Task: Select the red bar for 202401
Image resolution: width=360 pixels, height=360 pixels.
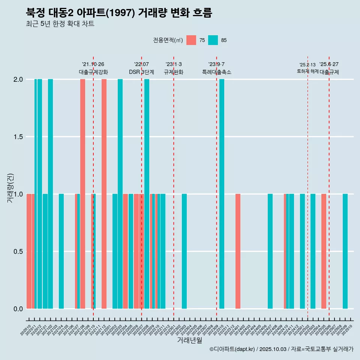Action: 238,251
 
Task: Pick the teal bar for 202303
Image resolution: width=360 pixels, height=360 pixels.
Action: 184,251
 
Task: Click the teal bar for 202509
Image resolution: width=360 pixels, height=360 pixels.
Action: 345,251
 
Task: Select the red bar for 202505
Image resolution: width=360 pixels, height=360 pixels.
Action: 324,251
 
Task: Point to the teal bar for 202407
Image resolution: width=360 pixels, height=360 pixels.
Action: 270,251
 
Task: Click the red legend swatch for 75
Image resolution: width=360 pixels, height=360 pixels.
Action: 191,40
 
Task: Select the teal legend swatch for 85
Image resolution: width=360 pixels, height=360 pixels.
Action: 213,40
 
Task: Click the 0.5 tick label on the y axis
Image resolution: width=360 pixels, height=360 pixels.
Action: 18,251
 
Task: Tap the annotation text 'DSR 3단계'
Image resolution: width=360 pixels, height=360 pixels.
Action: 141,72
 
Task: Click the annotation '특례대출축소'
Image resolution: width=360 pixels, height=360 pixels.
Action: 217,72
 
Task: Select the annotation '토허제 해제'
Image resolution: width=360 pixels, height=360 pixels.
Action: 307,71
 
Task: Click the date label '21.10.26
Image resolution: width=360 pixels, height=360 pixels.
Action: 93,64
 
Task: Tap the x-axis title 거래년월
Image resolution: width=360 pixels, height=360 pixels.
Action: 189,340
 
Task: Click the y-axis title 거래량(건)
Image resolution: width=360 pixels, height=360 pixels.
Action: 10,187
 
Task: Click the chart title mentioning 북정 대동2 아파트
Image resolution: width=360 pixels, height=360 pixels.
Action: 119,13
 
